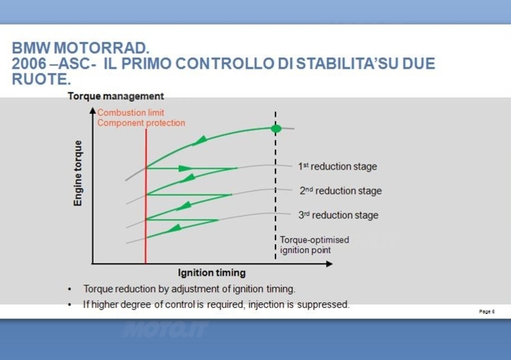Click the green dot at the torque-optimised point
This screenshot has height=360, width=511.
click(x=276, y=128)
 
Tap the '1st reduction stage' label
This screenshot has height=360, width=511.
click(x=337, y=166)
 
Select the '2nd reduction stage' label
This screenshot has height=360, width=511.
click(x=340, y=190)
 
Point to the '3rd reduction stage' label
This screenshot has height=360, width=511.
click(x=338, y=215)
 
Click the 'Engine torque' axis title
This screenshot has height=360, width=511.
click(x=78, y=173)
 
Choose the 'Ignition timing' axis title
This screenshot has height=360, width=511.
click(x=212, y=273)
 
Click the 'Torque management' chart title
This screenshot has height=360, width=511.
click(x=115, y=96)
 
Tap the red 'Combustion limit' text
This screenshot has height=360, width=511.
click(x=131, y=112)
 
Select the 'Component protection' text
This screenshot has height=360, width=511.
click(x=141, y=123)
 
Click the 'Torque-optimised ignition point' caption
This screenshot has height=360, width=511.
click(x=314, y=245)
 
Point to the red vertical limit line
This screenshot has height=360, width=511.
click(x=146, y=196)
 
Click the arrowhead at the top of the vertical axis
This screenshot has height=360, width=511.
click(x=93, y=111)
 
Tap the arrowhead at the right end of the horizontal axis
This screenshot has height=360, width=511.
click(x=329, y=263)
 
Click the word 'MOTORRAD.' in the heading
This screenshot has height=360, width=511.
click(x=101, y=48)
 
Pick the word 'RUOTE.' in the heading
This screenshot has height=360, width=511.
click(x=41, y=79)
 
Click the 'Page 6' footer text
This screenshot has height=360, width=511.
click(x=486, y=311)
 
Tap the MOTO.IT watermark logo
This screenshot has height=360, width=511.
click(x=164, y=329)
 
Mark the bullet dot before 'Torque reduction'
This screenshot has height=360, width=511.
click(x=69, y=290)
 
